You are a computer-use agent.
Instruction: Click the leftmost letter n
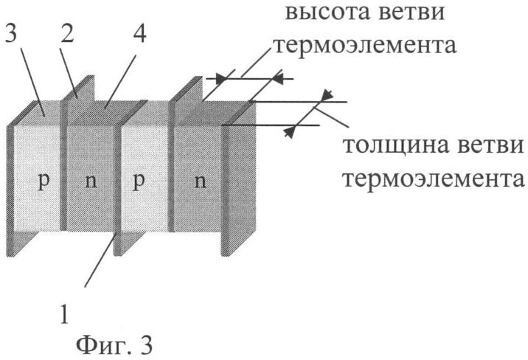coord(90,182)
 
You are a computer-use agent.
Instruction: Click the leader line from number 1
coord(100,257)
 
